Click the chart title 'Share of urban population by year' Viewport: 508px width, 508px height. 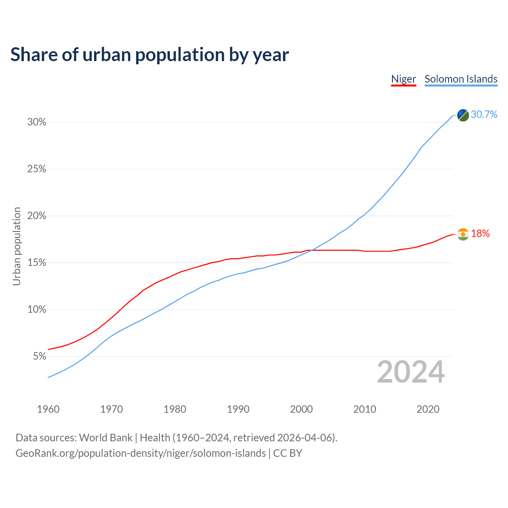[150, 55]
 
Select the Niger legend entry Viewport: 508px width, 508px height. [404, 79]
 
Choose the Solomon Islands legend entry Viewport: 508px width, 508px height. [461, 79]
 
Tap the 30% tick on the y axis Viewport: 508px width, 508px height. [37, 122]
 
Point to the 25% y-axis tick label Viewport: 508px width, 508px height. [37, 169]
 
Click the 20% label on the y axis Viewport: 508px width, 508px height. [37, 216]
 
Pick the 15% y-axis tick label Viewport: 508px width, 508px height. [37, 263]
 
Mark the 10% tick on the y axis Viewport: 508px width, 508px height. [37, 310]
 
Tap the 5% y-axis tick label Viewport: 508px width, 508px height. [39, 356]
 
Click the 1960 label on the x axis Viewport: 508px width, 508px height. [48, 409]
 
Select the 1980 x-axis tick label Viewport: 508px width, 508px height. [175, 409]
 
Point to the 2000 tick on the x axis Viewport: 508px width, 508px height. [302, 409]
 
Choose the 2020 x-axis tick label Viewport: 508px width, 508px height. [428, 409]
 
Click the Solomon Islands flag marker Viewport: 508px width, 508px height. [463, 115]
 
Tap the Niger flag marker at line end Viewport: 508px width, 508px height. [463, 234]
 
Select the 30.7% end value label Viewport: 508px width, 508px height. [484, 115]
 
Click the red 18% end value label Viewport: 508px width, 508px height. [480, 234]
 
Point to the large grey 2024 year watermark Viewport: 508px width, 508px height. [411, 372]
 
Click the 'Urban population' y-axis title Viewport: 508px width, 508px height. [17, 246]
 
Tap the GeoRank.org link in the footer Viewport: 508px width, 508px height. [140, 453]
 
